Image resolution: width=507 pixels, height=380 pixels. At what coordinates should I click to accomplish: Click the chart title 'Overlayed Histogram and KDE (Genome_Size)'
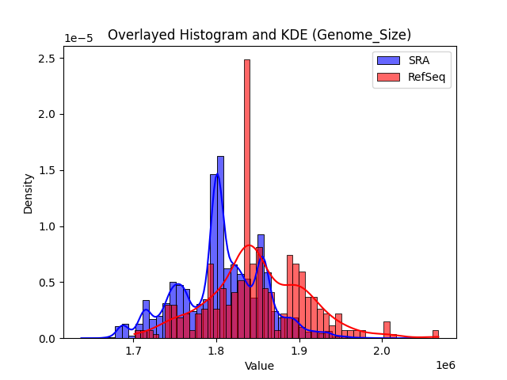(x=259, y=35)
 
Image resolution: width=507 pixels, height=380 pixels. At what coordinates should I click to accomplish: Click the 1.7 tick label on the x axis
(x=134, y=351)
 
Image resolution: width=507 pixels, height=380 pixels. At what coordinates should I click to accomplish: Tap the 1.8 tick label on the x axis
(x=217, y=351)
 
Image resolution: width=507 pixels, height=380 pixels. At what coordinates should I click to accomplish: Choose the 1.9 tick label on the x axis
(x=299, y=351)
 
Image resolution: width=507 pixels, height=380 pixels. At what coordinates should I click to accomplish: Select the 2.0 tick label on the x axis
(x=383, y=351)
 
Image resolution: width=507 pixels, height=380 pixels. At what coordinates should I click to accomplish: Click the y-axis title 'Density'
(x=29, y=193)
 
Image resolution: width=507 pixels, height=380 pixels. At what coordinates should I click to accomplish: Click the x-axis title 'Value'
(x=259, y=367)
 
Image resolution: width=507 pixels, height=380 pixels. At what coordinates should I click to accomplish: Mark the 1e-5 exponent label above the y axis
(x=78, y=39)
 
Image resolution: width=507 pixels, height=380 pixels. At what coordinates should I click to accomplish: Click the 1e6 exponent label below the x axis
(x=444, y=365)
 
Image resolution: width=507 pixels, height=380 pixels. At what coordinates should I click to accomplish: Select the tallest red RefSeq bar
(x=247, y=198)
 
